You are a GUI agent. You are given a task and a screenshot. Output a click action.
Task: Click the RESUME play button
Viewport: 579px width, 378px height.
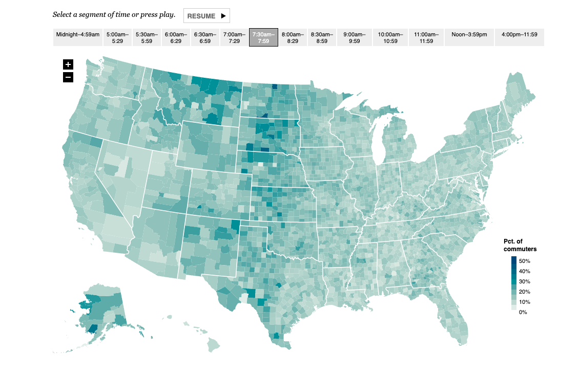(x=206, y=16)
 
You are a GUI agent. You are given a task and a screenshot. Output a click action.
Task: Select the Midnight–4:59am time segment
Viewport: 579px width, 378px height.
(x=78, y=37)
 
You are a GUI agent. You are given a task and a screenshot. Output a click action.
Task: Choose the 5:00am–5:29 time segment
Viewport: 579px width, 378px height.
(x=117, y=37)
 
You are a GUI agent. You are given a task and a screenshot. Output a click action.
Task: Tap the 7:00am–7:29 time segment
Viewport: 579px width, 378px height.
(x=234, y=37)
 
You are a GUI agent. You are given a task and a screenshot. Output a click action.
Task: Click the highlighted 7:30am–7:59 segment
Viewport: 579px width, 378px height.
(x=263, y=37)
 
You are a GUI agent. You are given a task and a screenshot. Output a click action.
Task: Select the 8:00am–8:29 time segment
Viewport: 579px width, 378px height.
(x=293, y=37)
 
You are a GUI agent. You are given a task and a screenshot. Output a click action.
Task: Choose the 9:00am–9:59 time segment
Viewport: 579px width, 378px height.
(x=354, y=37)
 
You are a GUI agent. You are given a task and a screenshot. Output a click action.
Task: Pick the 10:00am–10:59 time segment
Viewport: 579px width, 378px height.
(x=390, y=37)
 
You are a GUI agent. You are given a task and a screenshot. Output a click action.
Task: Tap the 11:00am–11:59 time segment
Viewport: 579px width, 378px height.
(x=426, y=37)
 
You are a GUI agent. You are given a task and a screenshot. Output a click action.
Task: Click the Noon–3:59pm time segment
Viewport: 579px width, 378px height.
(x=468, y=37)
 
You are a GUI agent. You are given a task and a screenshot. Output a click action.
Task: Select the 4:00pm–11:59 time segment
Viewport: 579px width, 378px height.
(x=519, y=37)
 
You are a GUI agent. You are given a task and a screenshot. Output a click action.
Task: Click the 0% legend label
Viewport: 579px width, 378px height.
(x=522, y=312)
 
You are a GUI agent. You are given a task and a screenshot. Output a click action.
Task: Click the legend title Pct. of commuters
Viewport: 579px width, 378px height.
(x=520, y=245)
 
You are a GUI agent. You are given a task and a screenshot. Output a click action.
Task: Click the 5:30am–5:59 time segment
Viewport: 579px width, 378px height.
(x=147, y=37)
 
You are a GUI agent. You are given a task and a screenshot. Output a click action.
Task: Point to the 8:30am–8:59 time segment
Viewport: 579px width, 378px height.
(x=322, y=37)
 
